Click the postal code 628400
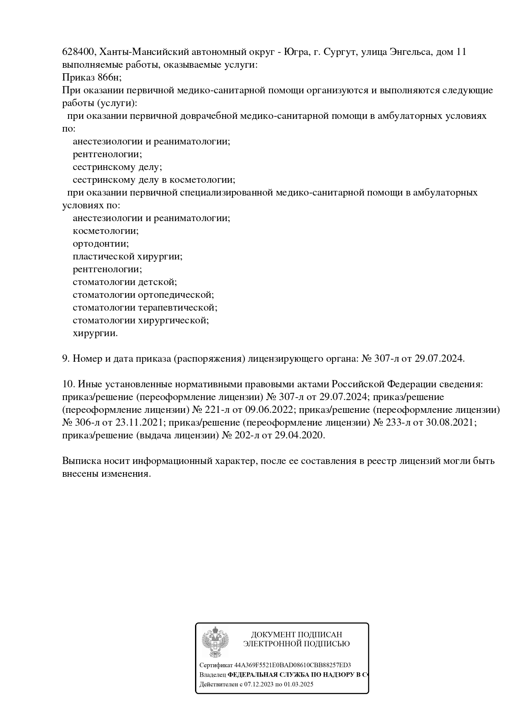coord(79,52)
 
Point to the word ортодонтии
coord(100,244)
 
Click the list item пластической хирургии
coord(127,256)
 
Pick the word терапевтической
coord(178,308)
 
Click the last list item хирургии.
coord(95,333)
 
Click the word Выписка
coord(80,461)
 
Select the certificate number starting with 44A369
coord(293,665)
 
